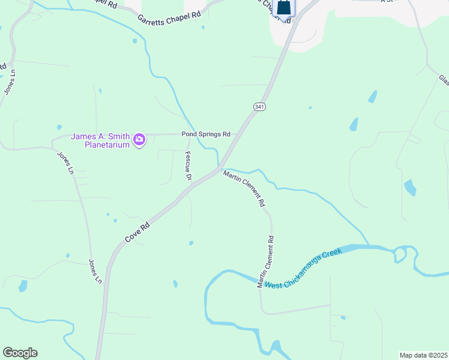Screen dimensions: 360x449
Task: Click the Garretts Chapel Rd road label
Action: pyautogui.click(x=169, y=17)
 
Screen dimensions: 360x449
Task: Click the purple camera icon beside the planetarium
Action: pyautogui.click(x=139, y=140)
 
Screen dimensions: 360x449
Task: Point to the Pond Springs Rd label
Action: pyautogui.click(x=206, y=134)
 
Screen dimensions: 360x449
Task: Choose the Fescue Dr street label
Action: pyautogui.click(x=188, y=166)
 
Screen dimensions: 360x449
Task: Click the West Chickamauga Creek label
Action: pyautogui.click(x=304, y=269)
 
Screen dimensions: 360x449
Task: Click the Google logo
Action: pyautogui.click(x=20, y=353)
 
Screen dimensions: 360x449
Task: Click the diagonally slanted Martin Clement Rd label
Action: pyautogui.click(x=244, y=189)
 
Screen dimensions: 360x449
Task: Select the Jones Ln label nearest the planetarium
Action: pyautogui.click(x=65, y=163)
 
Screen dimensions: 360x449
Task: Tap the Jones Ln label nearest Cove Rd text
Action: pyautogui.click(x=95, y=271)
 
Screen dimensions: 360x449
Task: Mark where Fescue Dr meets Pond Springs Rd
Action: pyautogui.click(x=188, y=134)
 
